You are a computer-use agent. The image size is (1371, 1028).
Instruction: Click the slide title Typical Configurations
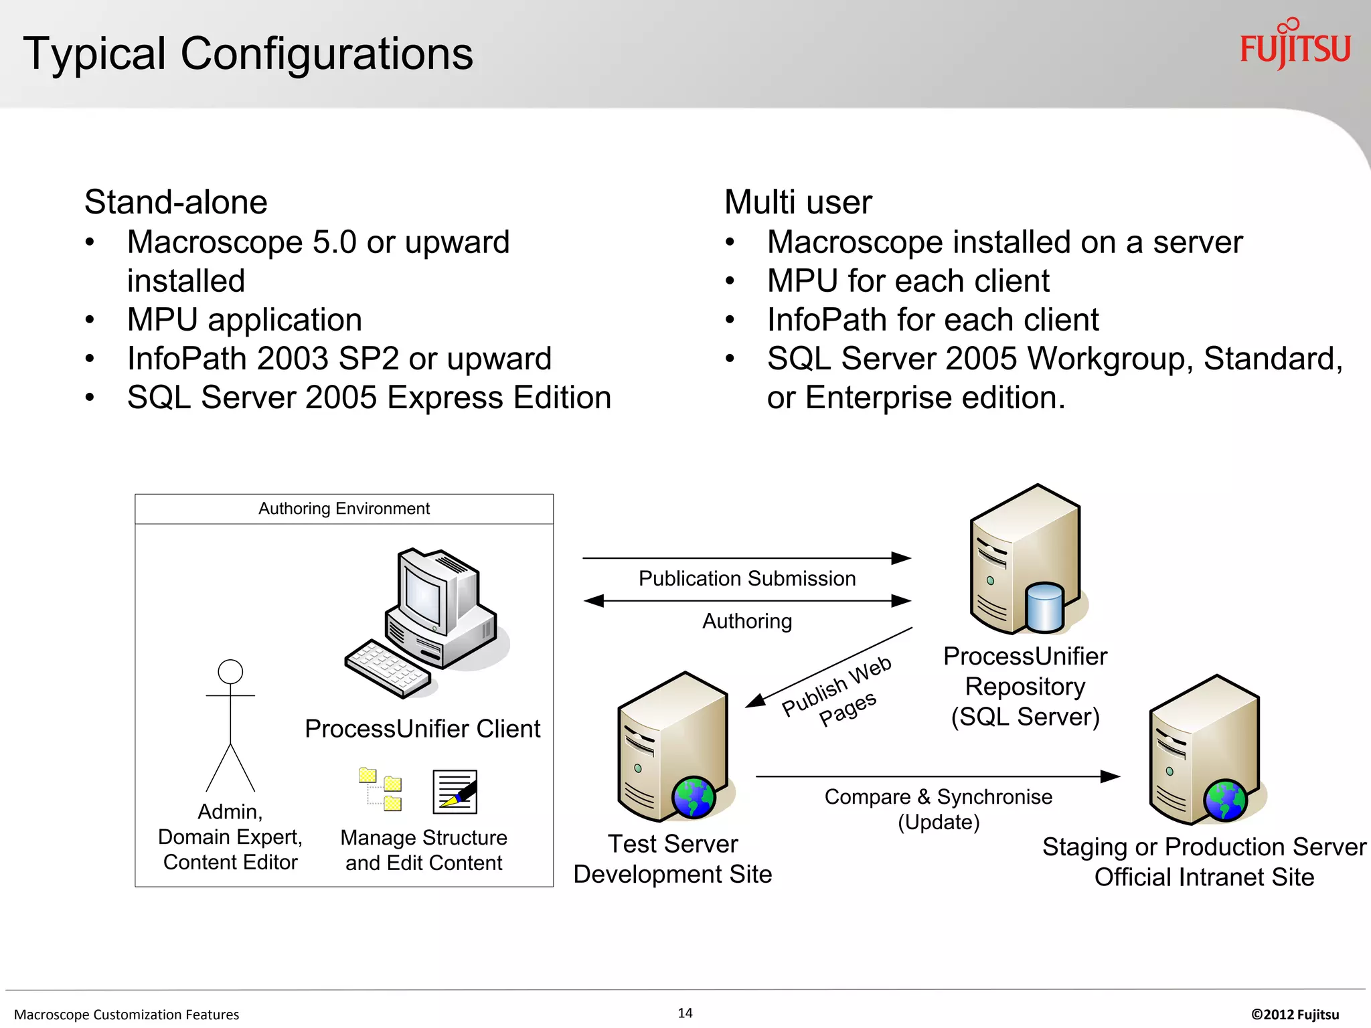(x=248, y=54)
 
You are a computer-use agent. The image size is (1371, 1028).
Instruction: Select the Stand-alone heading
(x=175, y=202)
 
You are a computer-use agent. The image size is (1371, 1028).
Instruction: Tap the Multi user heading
(x=798, y=202)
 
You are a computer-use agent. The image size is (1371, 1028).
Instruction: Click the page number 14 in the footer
(x=685, y=1013)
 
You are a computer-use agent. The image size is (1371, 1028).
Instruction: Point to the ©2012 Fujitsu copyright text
(x=1295, y=1014)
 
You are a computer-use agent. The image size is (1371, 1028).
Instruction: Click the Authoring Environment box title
(x=344, y=509)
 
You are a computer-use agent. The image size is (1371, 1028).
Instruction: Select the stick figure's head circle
(x=230, y=671)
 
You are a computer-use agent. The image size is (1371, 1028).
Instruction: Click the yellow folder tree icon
(x=380, y=789)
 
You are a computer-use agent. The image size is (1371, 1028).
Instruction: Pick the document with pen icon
(x=455, y=792)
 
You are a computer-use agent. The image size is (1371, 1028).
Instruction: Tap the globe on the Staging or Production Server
(x=1225, y=800)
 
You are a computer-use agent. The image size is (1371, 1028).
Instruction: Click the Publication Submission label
(x=747, y=578)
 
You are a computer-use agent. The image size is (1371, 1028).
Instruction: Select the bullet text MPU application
(x=244, y=320)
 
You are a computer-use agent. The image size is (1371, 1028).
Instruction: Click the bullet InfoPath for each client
(x=933, y=320)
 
